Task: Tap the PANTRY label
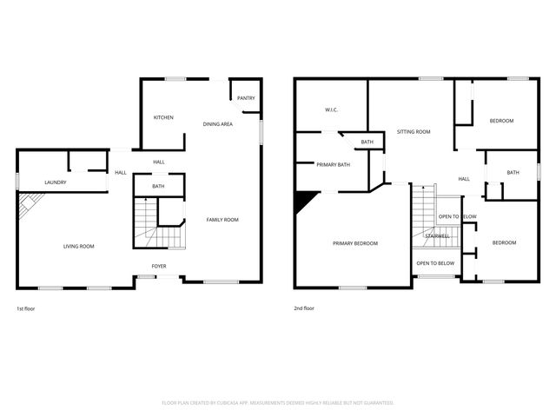pyautogui.click(x=246, y=98)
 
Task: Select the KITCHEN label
pyautogui.click(x=164, y=117)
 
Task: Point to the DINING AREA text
pyautogui.click(x=217, y=124)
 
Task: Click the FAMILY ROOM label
pyautogui.click(x=222, y=220)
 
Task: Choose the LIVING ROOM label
pyautogui.click(x=78, y=247)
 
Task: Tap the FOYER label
pyautogui.click(x=159, y=266)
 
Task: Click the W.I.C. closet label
pyautogui.click(x=331, y=110)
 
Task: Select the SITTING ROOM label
pyautogui.click(x=414, y=132)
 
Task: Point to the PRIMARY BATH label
pyautogui.click(x=333, y=164)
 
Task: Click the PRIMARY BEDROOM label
pyautogui.click(x=355, y=243)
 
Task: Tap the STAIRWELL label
pyautogui.click(x=436, y=235)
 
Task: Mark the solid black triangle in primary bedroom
pyautogui.click(x=303, y=201)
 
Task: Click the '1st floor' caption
pyautogui.click(x=26, y=308)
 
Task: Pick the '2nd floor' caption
pyautogui.click(x=304, y=308)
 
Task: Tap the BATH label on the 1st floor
pyautogui.click(x=158, y=186)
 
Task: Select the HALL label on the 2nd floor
pyautogui.click(x=464, y=179)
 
